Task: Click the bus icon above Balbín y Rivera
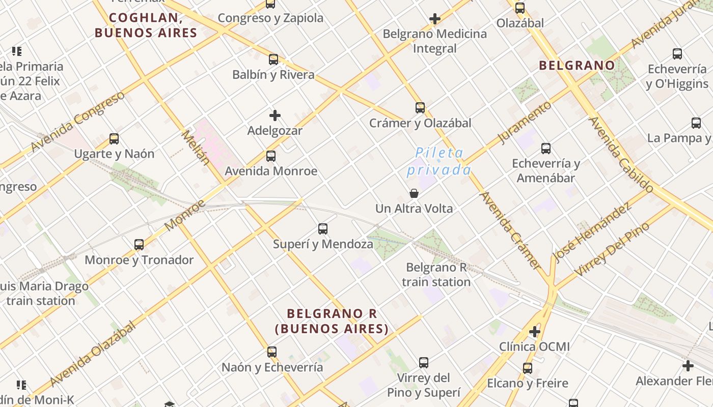pos(273,60)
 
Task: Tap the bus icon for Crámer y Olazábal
pos(420,108)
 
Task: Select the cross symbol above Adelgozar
pos(275,115)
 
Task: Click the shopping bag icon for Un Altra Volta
pos(414,193)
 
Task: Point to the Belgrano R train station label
pos(436,275)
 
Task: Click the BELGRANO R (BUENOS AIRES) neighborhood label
pos(332,321)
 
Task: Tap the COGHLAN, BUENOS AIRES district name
pos(146,25)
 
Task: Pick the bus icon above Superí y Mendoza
pos(323,229)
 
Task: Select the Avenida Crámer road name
pos(510,230)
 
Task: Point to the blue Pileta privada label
pos(438,161)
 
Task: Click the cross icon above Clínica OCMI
pos(534,332)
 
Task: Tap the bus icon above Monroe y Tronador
pos(139,245)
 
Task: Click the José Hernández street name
pos(593,232)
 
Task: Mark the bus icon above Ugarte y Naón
pos(114,139)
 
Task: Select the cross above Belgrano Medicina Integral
pos(434,19)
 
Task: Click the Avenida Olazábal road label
pos(93,354)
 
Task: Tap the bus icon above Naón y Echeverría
pos(272,352)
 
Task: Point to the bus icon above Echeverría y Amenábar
pos(546,149)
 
